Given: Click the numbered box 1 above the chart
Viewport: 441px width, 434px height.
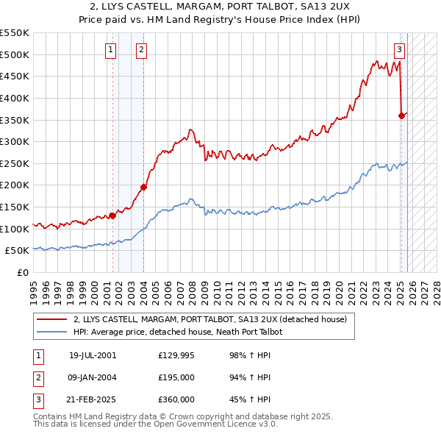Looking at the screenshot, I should (x=110, y=50).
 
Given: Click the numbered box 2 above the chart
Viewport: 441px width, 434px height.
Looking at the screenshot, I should (x=141, y=50).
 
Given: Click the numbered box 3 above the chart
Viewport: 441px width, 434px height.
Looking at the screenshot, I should (x=399, y=50).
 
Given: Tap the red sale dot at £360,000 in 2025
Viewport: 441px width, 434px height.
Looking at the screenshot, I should (x=401, y=115).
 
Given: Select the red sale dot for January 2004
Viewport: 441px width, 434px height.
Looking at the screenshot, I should (x=143, y=187).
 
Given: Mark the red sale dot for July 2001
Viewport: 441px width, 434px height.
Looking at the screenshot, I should (x=112, y=216).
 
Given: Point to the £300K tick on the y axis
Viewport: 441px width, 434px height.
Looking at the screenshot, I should (x=16, y=141).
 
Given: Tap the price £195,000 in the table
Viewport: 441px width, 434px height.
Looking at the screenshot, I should (x=176, y=377).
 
